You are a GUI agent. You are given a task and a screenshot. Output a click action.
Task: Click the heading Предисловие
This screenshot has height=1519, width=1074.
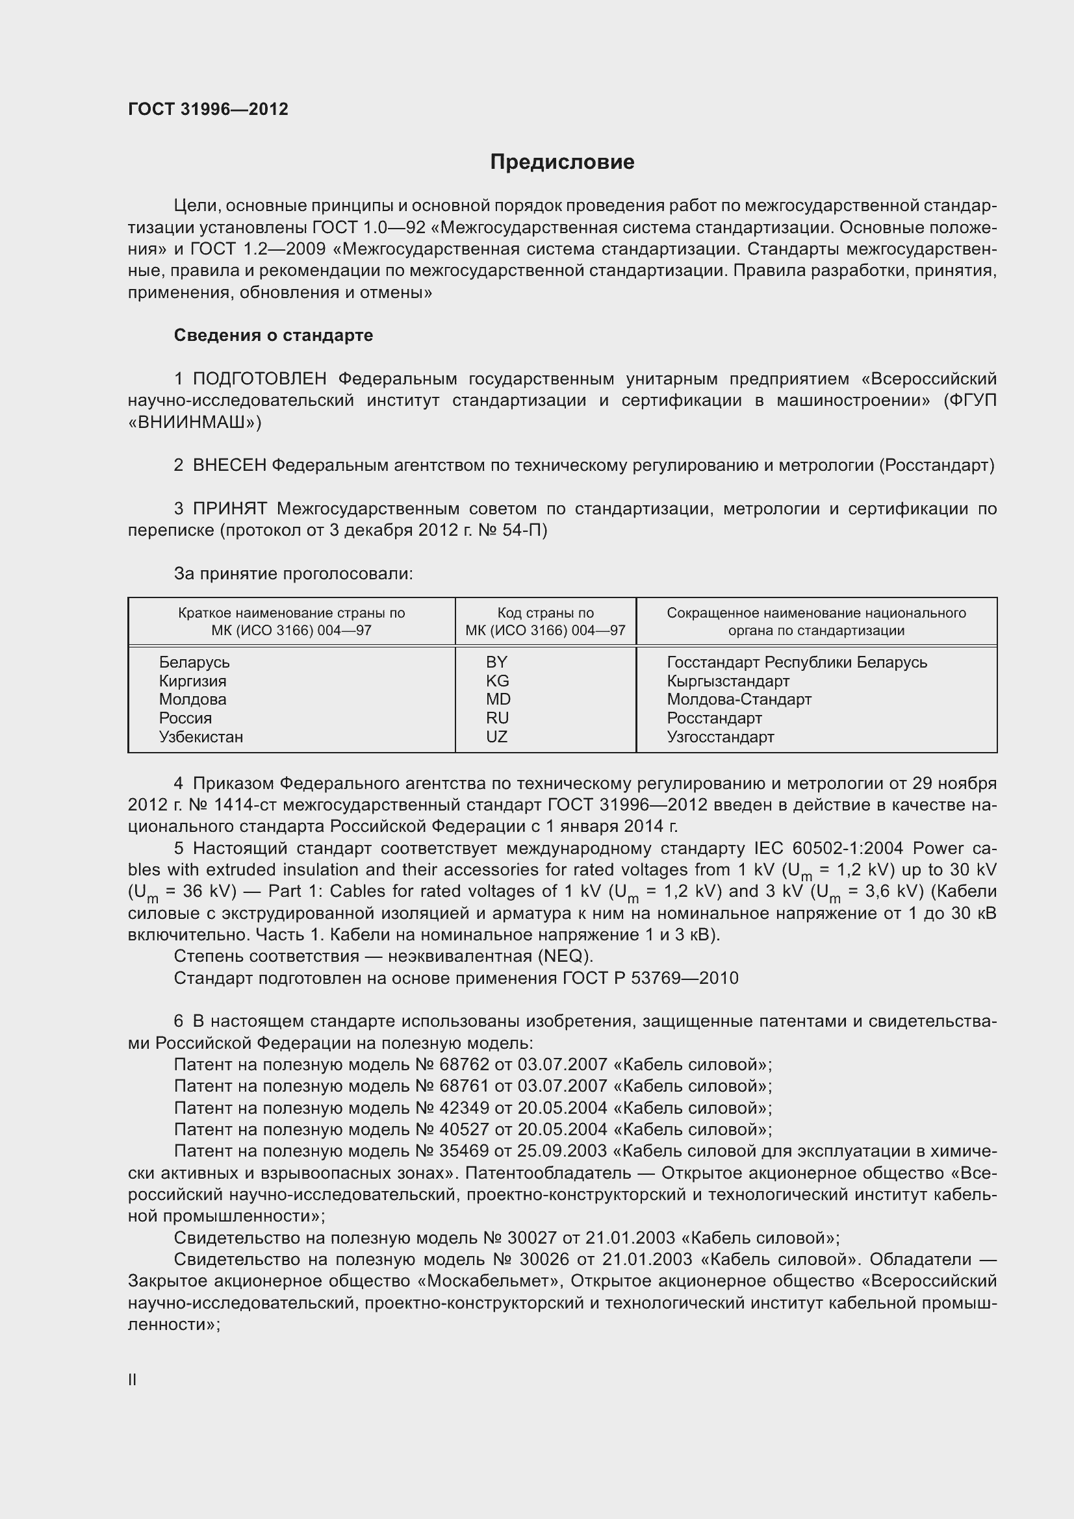(x=562, y=162)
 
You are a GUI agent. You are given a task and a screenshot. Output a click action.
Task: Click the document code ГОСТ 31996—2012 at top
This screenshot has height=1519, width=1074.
(x=208, y=109)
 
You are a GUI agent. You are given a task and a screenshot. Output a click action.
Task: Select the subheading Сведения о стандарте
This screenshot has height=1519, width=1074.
(x=274, y=335)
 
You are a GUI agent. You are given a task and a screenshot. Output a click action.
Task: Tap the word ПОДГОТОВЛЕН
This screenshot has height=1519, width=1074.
(x=259, y=379)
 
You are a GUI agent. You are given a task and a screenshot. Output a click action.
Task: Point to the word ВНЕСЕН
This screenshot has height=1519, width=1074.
(x=229, y=466)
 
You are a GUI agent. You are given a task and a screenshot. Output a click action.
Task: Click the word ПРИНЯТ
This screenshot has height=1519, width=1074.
(x=229, y=508)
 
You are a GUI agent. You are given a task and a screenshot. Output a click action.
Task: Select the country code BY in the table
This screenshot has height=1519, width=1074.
(x=496, y=662)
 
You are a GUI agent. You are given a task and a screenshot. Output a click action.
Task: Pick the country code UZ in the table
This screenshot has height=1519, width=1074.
(x=496, y=737)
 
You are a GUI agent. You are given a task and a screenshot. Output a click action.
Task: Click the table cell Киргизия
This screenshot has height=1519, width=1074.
(x=192, y=681)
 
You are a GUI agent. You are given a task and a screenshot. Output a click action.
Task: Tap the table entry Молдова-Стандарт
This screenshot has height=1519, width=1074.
(x=739, y=699)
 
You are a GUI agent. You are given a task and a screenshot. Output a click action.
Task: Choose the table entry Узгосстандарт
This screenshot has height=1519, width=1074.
(x=720, y=737)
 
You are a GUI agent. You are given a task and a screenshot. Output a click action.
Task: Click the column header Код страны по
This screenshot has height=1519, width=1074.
(x=545, y=613)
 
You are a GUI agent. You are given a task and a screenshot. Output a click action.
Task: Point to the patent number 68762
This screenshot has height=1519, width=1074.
(x=464, y=1064)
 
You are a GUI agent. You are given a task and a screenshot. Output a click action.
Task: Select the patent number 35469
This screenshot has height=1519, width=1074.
(x=464, y=1151)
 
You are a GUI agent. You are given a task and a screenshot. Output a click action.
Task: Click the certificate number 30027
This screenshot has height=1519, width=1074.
(x=532, y=1238)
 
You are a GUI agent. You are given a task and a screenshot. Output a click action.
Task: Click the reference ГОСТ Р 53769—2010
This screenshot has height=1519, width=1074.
(x=650, y=979)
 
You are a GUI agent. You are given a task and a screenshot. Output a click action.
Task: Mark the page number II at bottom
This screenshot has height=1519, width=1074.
(x=133, y=1380)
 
